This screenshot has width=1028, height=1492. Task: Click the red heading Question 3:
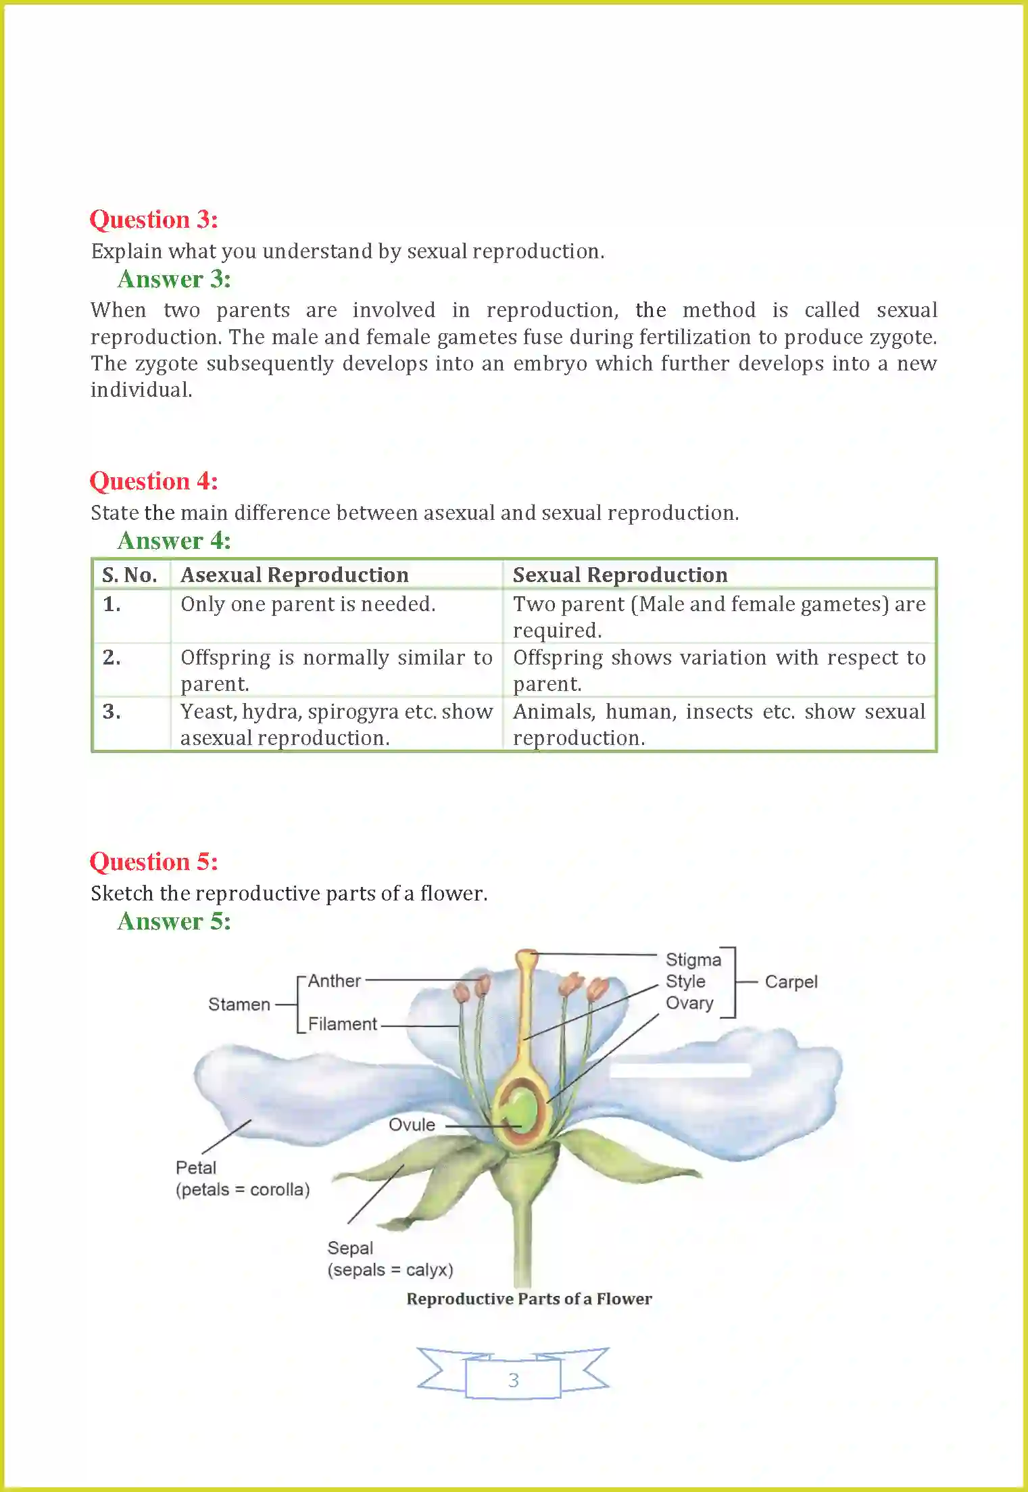pos(153,220)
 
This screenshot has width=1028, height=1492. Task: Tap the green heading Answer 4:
pos(174,541)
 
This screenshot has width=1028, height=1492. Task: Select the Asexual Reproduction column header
pos(294,575)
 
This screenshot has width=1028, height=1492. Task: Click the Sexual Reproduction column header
pos(620,575)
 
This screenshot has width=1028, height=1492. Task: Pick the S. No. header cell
pos(129,575)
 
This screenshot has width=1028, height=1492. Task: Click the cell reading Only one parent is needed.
pos(308,604)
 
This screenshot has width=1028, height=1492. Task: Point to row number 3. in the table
pos(112,712)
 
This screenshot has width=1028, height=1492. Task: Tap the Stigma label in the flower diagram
pos(693,960)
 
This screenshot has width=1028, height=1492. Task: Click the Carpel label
pos(791,982)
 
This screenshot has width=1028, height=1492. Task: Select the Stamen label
pos(239,1005)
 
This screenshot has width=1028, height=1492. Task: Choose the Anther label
pos(334,981)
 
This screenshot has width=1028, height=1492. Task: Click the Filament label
pos(342,1024)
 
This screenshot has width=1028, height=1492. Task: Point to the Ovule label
pos(412,1125)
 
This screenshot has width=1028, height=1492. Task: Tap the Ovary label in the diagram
pos(689,1003)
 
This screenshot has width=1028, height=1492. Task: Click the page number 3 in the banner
pos(513,1380)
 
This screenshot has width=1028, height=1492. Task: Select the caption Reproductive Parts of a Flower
pos(529,1299)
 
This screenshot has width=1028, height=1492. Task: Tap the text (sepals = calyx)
pos(390,1270)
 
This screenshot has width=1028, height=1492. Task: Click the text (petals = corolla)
pos(243,1189)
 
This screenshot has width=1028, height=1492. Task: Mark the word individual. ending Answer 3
pos(141,390)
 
